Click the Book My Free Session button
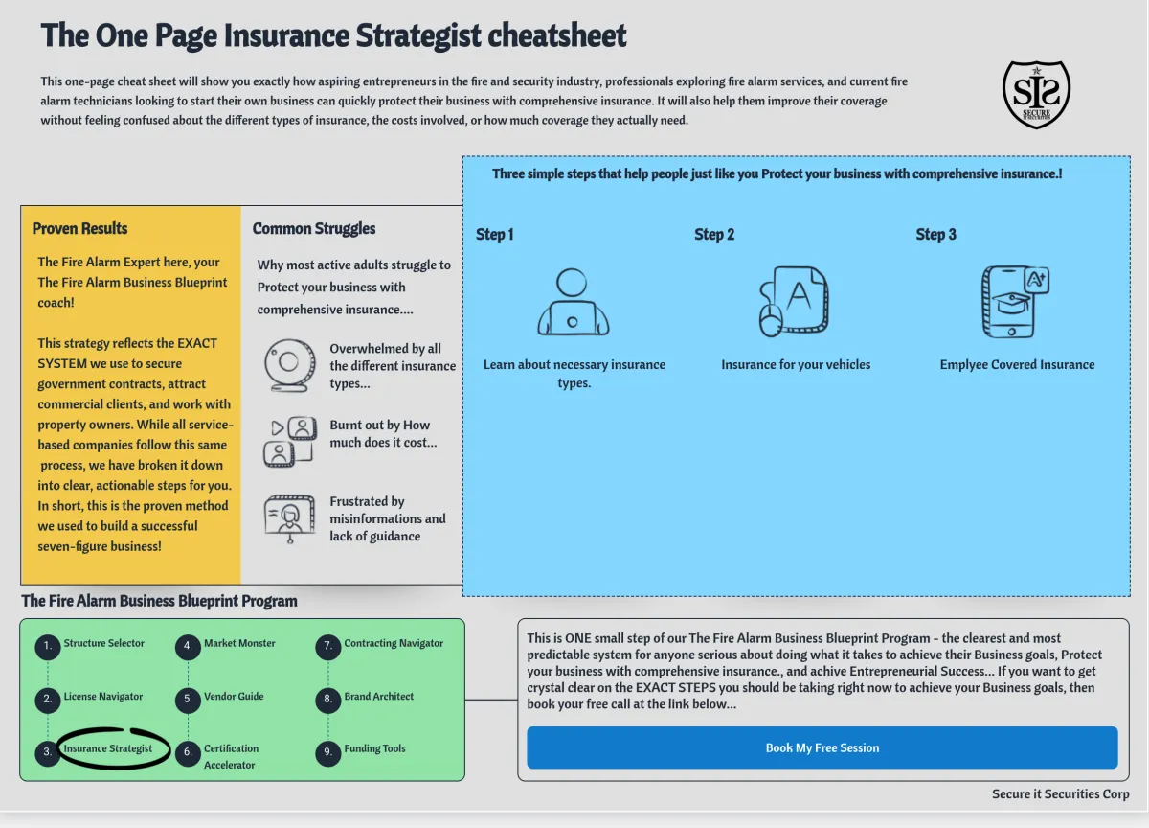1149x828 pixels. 822,747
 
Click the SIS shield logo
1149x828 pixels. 1036,94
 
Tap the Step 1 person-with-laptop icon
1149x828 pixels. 573,302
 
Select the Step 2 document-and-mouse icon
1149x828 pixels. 794,302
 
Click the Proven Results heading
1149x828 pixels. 79,228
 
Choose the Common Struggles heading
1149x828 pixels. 314,228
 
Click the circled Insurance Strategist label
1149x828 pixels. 108,748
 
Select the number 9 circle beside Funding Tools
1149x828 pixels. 327,752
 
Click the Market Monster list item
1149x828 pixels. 239,643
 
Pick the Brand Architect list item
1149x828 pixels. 379,696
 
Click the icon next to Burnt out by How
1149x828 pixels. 289,441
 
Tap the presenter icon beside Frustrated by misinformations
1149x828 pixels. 289,518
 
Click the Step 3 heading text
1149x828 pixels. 935,234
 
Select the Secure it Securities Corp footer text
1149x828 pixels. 1060,793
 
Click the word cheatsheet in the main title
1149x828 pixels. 557,35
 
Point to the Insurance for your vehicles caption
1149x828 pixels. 796,364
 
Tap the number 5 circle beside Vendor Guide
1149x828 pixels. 188,700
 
